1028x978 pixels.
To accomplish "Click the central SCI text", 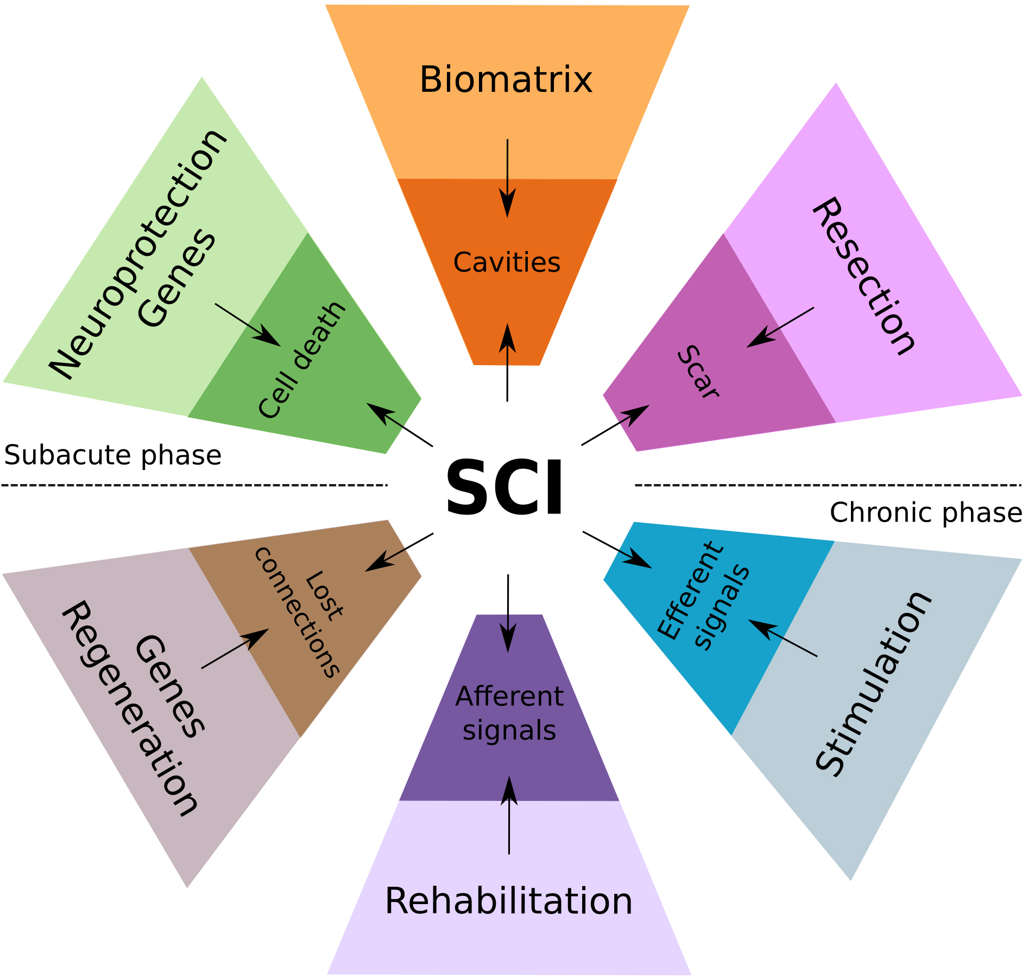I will [504, 487].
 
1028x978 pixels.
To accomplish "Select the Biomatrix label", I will [506, 80].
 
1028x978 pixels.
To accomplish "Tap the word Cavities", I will [507, 262].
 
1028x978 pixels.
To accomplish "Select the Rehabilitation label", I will [508, 901].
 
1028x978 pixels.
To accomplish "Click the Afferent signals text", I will [509, 713].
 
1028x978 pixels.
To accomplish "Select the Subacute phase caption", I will [113, 455].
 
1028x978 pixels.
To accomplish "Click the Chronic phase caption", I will [926, 512].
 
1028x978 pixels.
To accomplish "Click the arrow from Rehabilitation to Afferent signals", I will [509, 815].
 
